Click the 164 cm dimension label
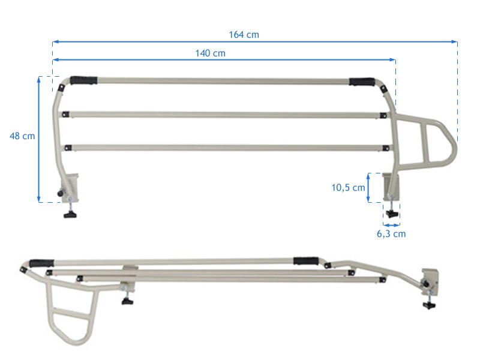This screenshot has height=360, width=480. point(244,35)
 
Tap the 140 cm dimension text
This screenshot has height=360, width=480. point(210,53)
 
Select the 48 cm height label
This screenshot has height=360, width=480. point(22,136)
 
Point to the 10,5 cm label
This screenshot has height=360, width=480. point(348,187)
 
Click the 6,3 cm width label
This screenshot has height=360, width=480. point(391,233)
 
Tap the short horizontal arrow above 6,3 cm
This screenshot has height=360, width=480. point(391,225)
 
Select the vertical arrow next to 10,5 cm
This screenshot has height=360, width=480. point(368,187)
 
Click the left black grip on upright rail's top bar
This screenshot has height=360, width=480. point(83,80)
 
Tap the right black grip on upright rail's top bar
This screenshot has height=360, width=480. point(362,82)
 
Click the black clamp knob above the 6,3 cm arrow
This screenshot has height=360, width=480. point(392,213)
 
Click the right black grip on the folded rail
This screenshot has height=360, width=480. point(306,262)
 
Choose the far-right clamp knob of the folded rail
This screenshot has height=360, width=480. point(429,305)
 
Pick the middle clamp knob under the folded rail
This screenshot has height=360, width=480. point(127,300)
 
